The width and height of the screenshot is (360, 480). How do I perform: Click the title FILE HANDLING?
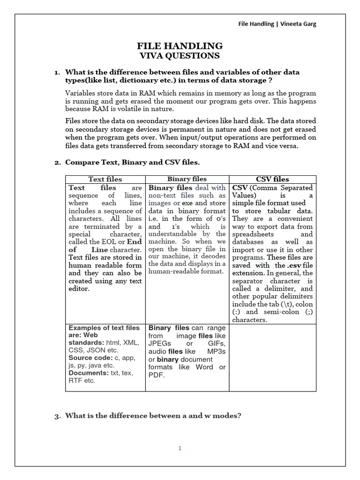(x=180, y=45)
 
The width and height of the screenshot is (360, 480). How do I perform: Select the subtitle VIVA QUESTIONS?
(x=180, y=56)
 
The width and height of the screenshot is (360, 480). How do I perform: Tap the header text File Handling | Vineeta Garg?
(x=277, y=24)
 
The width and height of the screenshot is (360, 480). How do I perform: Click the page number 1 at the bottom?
(x=179, y=448)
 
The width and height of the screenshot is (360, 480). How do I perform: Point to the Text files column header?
(x=105, y=179)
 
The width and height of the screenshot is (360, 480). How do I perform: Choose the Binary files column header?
(x=187, y=179)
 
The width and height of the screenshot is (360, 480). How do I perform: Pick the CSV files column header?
(x=272, y=179)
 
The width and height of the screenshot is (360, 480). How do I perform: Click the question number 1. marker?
(x=57, y=72)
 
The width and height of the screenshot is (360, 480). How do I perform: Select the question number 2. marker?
(x=57, y=163)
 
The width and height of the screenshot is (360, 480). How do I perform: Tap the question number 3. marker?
(x=57, y=415)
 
